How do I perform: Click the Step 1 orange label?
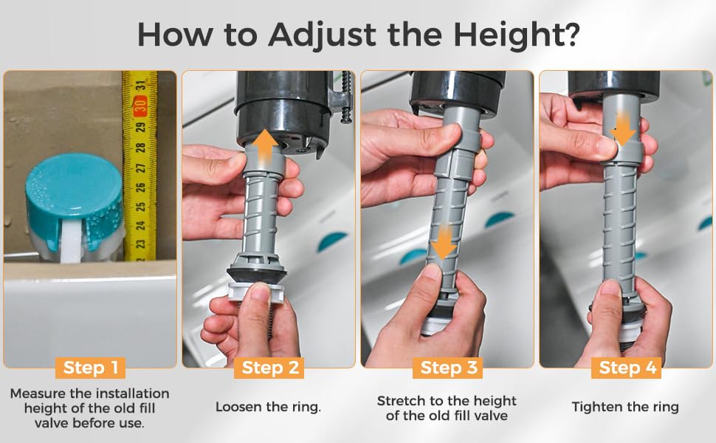click(90, 368)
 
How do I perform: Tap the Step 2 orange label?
click(269, 368)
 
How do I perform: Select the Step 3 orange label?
click(448, 368)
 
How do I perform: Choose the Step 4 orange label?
click(627, 368)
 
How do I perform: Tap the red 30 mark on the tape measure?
click(141, 106)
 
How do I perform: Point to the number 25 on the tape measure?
click(141, 207)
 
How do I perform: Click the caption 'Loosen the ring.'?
click(269, 407)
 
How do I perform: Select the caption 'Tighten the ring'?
click(626, 407)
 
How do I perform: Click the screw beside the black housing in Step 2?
click(347, 97)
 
